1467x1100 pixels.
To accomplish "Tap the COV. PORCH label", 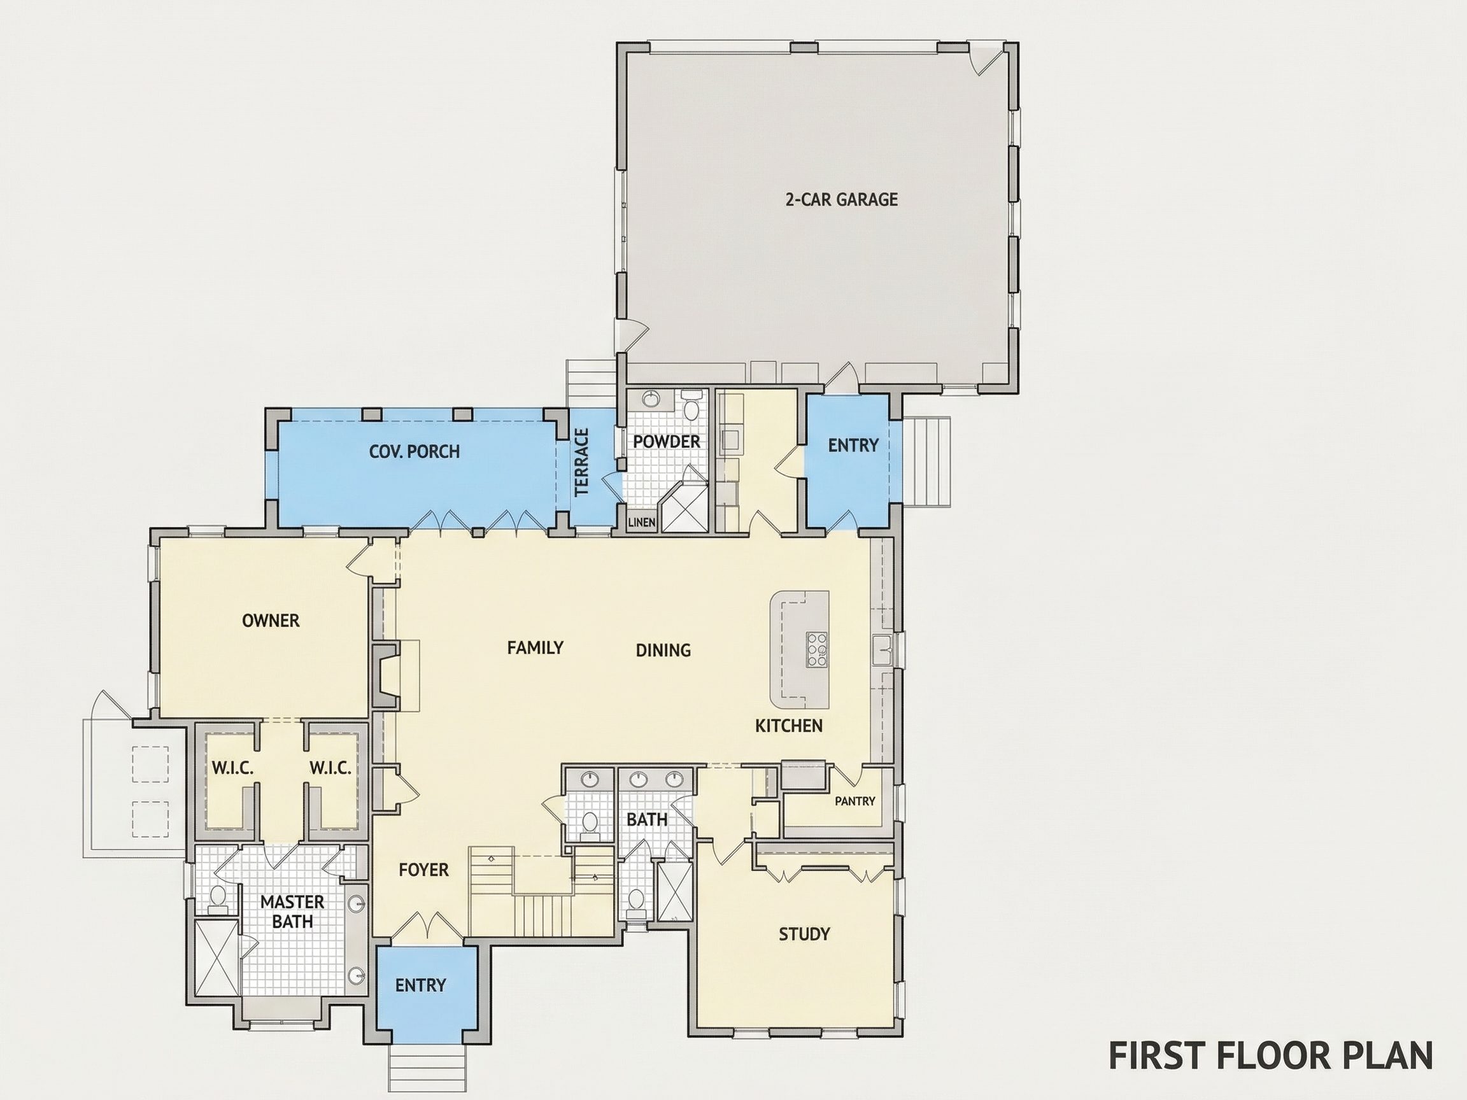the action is click(x=415, y=451).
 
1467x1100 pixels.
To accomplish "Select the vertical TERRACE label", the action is click(x=581, y=462).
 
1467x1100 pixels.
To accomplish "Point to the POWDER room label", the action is click(x=667, y=442).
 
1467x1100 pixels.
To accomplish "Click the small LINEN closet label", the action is click(x=642, y=523).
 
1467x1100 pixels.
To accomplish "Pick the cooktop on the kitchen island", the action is click(x=816, y=649).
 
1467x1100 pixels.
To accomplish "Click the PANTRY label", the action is click(x=855, y=801).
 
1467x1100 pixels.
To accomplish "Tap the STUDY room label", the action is click(x=804, y=934).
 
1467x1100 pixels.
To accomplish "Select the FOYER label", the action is click(x=424, y=870).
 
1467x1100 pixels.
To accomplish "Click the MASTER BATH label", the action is click(x=292, y=911).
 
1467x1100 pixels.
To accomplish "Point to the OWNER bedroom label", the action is click(x=271, y=621).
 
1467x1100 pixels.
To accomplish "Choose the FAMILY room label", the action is click(x=535, y=647).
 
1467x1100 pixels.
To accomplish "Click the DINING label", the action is click(x=663, y=651).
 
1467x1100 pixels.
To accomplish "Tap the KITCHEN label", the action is click(x=788, y=726).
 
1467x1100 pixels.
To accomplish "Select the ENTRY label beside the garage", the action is click(x=853, y=446).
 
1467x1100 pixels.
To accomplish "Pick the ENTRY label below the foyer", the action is click(x=420, y=985).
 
